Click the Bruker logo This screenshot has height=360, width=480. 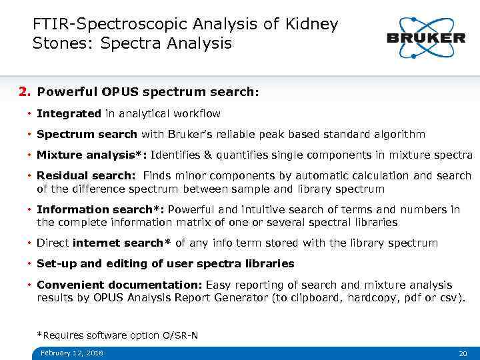[x=426, y=37]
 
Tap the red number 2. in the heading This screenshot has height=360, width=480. [x=25, y=91]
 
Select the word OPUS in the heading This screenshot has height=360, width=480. [x=121, y=91]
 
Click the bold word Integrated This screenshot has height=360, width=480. [x=69, y=114]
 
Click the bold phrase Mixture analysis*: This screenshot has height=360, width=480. [x=91, y=155]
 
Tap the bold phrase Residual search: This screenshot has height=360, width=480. [x=85, y=176]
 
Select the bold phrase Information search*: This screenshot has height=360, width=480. [x=100, y=209]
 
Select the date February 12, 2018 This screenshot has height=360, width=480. [x=71, y=353]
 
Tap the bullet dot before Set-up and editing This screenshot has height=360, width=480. [x=30, y=264]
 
